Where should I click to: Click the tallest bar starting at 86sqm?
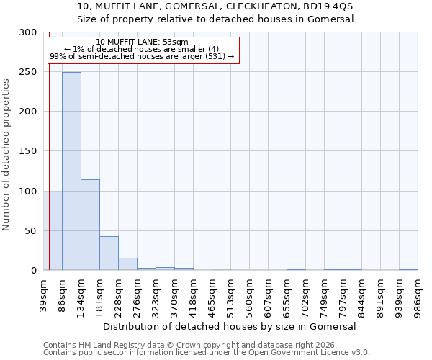pos(71,171)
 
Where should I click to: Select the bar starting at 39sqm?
pos(53,230)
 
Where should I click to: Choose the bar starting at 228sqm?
pos(127,264)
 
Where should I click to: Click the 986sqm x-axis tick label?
pos(418,294)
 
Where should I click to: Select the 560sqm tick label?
pos(249,294)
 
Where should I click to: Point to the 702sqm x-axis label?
pos(305,294)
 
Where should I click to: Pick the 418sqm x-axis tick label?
pos(193,294)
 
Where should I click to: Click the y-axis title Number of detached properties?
pos(6,154)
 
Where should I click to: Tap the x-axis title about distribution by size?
pos(230,326)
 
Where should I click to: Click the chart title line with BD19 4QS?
pos(215,6)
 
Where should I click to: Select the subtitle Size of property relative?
pos(215,19)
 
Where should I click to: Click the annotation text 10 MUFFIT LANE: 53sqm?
pos(142,42)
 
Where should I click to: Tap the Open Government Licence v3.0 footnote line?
pos(206,352)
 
